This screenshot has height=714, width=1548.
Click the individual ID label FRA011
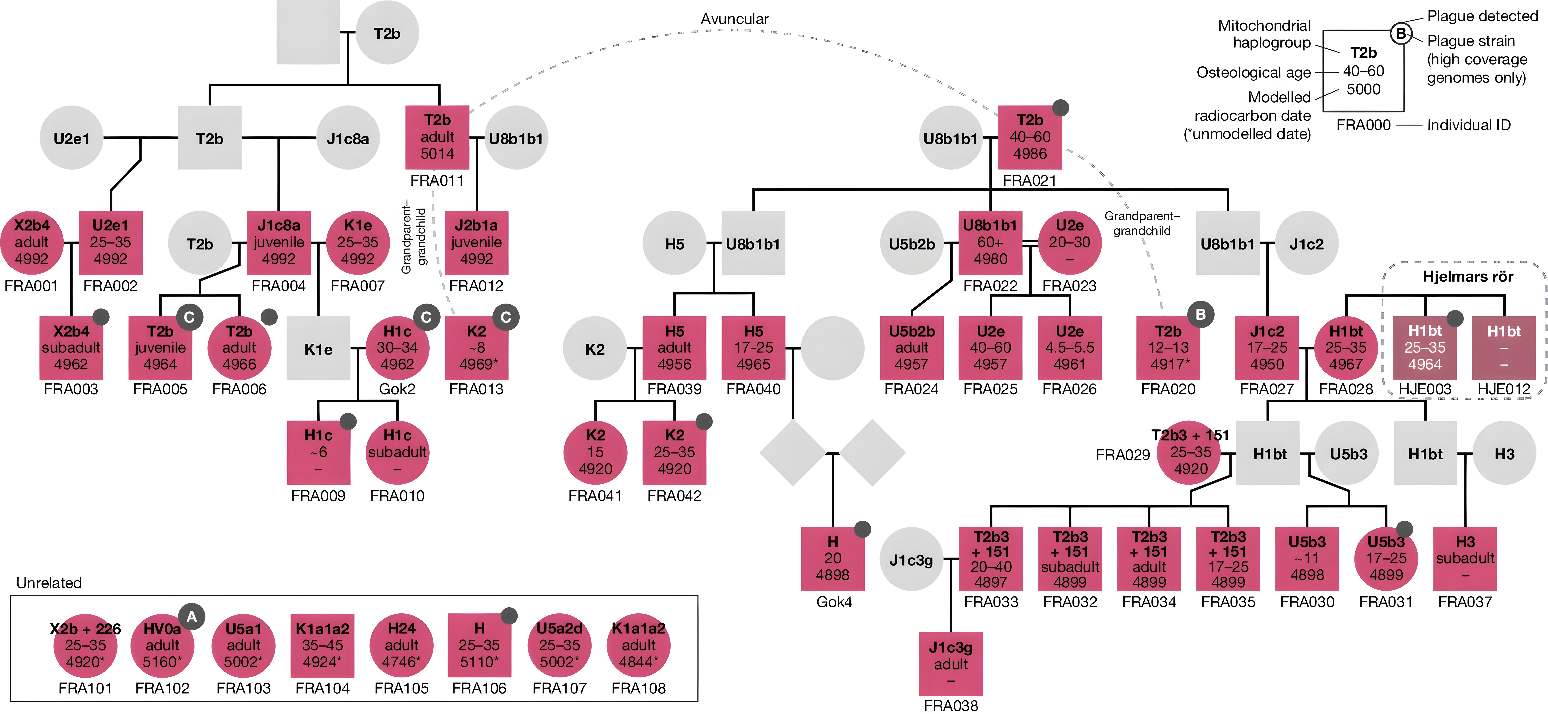tap(437, 180)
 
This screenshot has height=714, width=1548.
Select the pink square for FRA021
tap(1029, 138)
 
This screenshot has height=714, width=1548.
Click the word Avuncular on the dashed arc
tap(734, 19)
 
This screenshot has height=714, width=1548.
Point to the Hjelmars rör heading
tap(1468, 277)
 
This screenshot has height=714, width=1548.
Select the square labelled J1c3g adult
tap(951, 664)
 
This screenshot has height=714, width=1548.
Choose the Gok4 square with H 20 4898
tap(832, 558)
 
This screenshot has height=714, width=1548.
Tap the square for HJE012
tap(1504, 348)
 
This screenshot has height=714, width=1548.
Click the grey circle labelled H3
tap(1504, 454)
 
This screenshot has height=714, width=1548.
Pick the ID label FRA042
tap(674, 496)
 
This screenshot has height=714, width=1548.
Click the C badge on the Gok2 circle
tap(426, 317)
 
